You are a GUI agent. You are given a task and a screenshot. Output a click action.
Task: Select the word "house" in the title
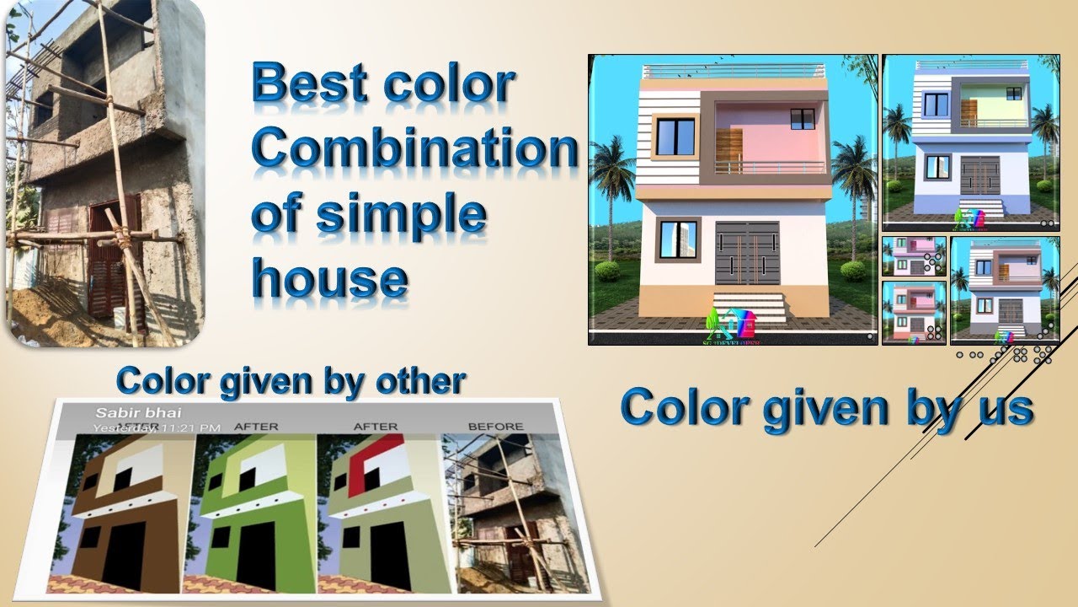pyautogui.click(x=330, y=277)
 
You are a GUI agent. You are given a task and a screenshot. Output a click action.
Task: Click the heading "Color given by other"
pyautogui.click(x=291, y=381)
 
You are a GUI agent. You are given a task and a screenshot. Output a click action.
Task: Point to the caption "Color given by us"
pyautogui.click(x=826, y=407)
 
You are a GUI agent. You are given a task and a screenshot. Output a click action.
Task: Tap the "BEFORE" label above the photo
pyautogui.click(x=495, y=427)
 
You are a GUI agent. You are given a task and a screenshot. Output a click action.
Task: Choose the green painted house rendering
pyautogui.click(x=253, y=514)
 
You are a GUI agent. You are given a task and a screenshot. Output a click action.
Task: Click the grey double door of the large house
pyautogui.click(x=747, y=254)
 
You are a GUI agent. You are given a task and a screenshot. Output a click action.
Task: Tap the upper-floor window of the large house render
pyautogui.click(x=675, y=137)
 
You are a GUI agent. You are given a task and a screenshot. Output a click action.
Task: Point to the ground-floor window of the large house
pyautogui.click(x=677, y=239)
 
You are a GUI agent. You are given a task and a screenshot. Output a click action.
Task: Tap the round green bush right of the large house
pyautogui.click(x=853, y=271)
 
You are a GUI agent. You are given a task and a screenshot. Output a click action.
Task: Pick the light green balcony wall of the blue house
pyautogui.click(x=992, y=105)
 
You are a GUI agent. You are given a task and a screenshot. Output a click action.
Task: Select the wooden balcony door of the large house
pyautogui.click(x=730, y=151)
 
